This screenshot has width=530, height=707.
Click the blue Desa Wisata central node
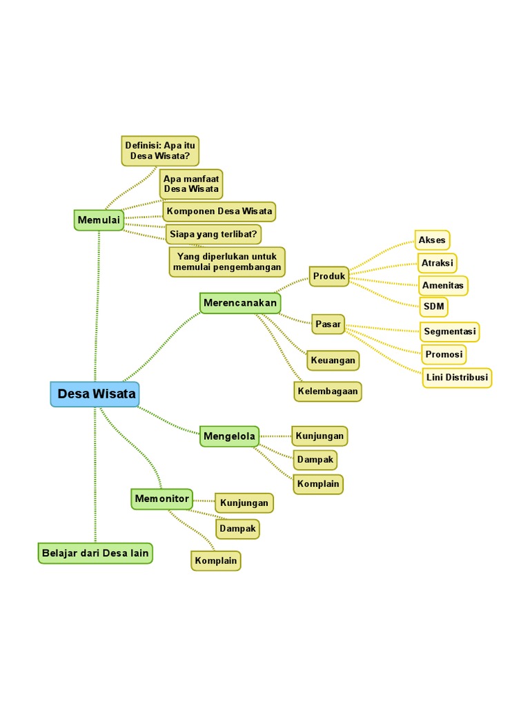tap(95, 394)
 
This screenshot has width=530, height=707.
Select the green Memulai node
tap(99, 220)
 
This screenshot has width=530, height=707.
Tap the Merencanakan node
tap(240, 303)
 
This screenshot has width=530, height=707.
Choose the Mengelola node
tap(229, 436)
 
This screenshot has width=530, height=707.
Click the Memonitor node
tap(161, 498)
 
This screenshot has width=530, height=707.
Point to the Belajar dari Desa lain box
tap(95, 553)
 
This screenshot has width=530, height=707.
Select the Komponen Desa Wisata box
tap(219, 211)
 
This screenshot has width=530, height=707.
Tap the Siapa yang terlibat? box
tap(213, 234)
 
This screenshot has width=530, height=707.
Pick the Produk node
tap(328, 277)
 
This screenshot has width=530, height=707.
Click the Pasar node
tap(328, 324)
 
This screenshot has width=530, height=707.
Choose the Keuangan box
tap(333, 360)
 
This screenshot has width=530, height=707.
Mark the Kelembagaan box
tap(328, 391)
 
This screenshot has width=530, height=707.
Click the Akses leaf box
tap(432, 240)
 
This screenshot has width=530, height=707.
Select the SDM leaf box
tap(434, 306)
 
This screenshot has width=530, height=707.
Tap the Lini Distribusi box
tap(456, 378)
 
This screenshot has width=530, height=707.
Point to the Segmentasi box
tap(450, 331)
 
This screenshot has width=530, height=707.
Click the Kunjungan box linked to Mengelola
tap(320, 436)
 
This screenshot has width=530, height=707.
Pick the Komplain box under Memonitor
tap(215, 561)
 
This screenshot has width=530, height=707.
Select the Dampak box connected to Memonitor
tap(238, 529)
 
